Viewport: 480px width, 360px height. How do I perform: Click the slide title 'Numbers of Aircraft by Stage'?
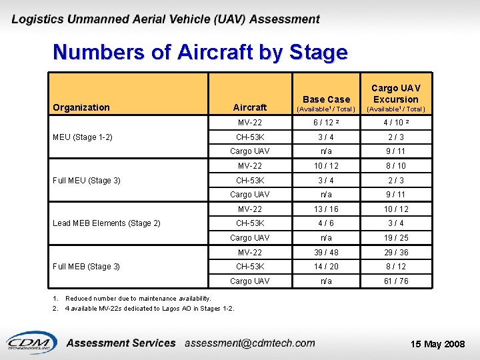(x=200, y=52)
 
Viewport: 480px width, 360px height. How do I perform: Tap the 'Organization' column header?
(x=81, y=107)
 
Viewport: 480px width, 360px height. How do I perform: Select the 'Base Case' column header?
(x=326, y=99)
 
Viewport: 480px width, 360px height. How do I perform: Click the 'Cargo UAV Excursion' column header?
(x=395, y=93)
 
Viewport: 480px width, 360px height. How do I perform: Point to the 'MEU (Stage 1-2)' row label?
(x=83, y=137)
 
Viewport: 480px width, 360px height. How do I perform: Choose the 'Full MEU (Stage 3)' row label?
(x=87, y=180)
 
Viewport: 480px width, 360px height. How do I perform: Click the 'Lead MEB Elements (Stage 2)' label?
(x=107, y=223)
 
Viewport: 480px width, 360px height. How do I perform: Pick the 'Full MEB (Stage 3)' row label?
(x=87, y=267)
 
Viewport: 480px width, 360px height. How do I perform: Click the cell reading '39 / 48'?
(x=326, y=253)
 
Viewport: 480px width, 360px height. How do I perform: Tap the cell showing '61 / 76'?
(x=395, y=281)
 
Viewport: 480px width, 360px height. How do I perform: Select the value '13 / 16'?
(x=326, y=209)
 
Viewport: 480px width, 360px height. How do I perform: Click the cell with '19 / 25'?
(x=395, y=238)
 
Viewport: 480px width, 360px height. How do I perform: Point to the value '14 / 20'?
(x=326, y=267)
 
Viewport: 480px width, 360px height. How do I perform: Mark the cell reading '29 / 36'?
(x=395, y=253)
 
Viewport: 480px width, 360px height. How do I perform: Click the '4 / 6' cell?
(x=326, y=223)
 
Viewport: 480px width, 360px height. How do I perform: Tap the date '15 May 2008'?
(x=438, y=344)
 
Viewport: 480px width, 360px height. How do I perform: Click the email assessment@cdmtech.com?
(x=250, y=343)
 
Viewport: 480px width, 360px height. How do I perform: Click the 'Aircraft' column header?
(x=250, y=107)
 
